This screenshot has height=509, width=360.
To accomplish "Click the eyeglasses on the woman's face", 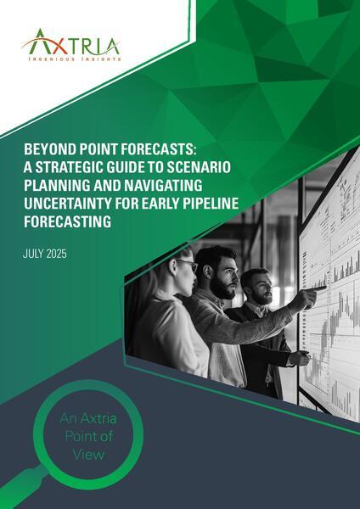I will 188,268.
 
